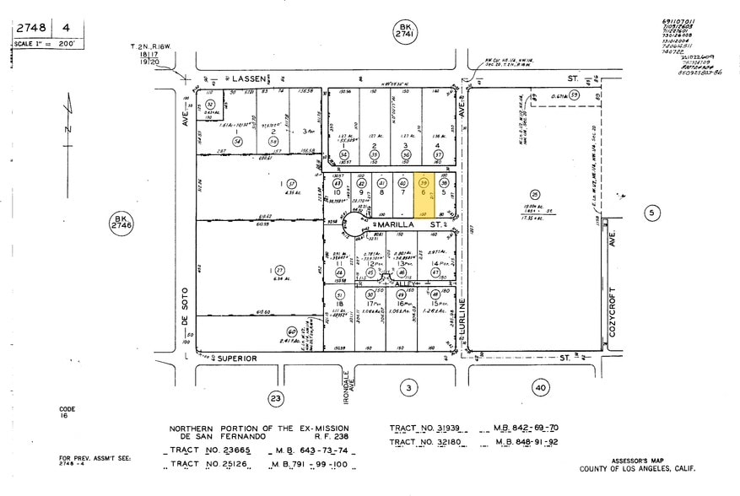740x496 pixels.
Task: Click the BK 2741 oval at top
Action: (x=407, y=34)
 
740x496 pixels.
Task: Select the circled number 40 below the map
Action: (x=541, y=387)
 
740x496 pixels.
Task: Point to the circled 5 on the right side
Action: (x=651, y=213)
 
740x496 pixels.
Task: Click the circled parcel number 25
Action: (x=534, y=194)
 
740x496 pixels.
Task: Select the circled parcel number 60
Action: (x=291, y=332)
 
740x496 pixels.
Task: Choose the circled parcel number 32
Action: (x=209, y=105)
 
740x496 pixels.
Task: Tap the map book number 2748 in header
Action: (x=29, y=28)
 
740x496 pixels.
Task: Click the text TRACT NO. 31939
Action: (x=431, y=429)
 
